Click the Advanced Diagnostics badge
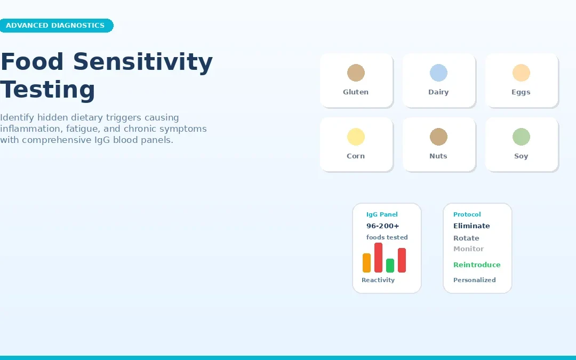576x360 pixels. coord(55,26)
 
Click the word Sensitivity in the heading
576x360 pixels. coord(142,62)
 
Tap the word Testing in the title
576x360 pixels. coord(47,90)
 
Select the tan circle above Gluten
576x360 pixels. coord(356,73)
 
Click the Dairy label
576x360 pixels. coord(438,92)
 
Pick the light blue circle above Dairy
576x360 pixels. coord(438,73)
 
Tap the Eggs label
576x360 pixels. coord(521,92)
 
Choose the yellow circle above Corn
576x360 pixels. coord(356,137)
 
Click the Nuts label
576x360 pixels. coord(438,156)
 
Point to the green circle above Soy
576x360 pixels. coord(521,137)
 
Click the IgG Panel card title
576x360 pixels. coord(382,214)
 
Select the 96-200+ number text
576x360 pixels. coord(382,226)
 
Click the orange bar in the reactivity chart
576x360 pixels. coord(366,263)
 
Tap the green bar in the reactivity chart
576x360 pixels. coord(390,266)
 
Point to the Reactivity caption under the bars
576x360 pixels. coord(378,280)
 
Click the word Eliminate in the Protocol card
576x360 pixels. coord(471,226)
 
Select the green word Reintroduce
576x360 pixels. coord(477,265)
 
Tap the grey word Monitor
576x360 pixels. coord(468,249)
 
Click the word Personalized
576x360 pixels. coord(474,280)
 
